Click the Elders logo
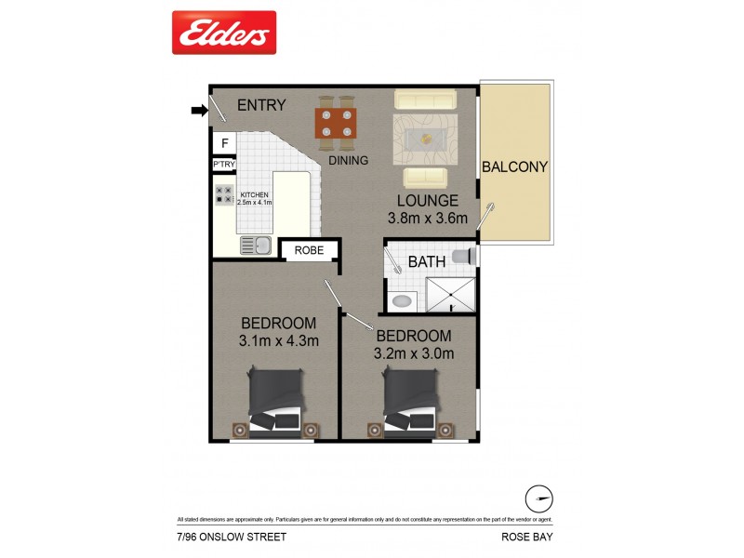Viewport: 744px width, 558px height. [224, 33]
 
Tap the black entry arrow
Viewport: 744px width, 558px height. [199, 112]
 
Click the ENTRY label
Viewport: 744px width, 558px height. [261, 105]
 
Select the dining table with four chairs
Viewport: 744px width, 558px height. [337, 123]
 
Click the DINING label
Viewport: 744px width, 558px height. [349, 160]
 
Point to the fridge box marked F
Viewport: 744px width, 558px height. [223, 143]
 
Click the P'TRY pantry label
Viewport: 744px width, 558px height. [223, 166]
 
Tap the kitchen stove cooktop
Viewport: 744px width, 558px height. [224, 195]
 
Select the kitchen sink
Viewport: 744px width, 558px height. [255, 246]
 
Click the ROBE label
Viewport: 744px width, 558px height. [309, 250]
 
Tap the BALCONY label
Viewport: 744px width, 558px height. [514, 167]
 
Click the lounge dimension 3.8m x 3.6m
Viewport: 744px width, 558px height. [428, 219]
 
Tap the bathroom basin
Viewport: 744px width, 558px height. [404, 301]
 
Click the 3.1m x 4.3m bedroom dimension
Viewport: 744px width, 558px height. [279, 340]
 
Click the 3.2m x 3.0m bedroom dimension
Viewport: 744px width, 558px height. [414, 353]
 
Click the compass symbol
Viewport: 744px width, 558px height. [539, 495]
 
